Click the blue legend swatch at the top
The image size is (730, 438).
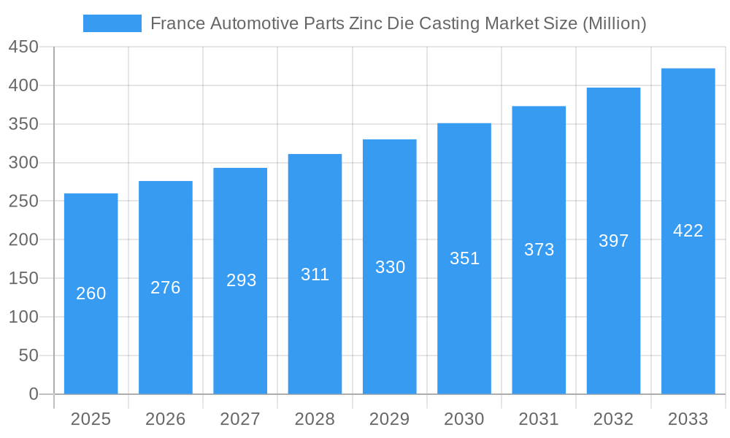112,23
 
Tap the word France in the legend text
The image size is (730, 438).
177,23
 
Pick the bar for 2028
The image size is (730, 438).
315,336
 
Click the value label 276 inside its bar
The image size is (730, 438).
166,288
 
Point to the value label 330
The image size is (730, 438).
390,267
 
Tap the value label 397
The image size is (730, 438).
613,241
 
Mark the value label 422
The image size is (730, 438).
688,231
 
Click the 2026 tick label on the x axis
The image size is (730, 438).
166,419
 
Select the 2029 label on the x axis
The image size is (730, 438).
390,419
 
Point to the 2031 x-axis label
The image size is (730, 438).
539,419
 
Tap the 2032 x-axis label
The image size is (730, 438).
613,419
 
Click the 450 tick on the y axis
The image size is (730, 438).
23,47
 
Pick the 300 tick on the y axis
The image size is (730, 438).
23,163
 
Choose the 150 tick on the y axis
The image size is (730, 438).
23,278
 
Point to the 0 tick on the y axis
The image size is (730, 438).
34,394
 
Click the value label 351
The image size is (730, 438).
464,258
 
